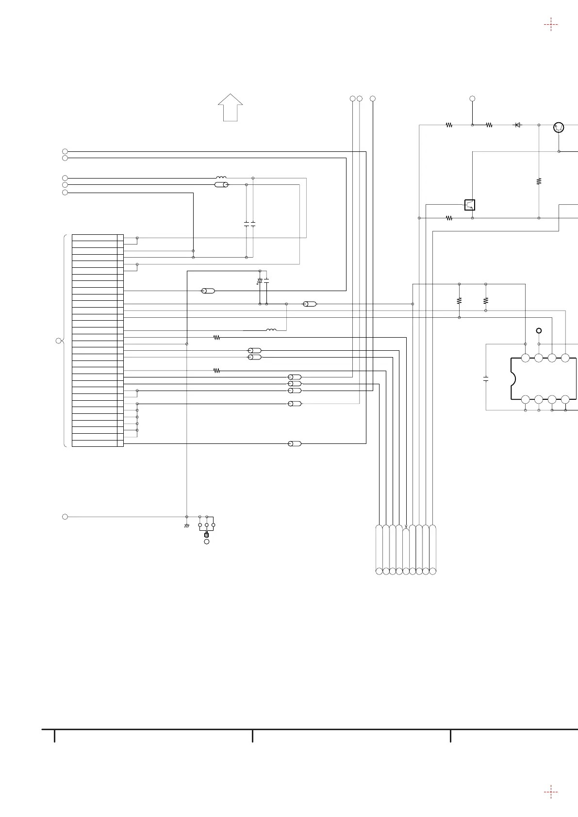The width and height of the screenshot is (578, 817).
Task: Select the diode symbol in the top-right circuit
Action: tap(517, 125)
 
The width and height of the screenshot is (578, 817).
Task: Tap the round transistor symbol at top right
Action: tap(559, 128)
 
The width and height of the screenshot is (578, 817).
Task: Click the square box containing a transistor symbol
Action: tap(469, 205)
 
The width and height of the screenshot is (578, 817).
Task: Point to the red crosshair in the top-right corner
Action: tap(551, 24)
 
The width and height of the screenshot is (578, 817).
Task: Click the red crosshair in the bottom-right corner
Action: tap(551, 792)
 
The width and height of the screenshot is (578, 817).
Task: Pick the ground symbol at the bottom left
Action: tap(187, 526)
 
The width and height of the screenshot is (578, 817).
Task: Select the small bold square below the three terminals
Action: tap(207, 535)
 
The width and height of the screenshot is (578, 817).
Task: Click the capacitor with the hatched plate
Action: tap(260, 281)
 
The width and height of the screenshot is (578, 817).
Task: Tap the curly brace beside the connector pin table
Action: tap(65, 341)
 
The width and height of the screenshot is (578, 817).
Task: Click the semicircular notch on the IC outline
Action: tap(513, 378)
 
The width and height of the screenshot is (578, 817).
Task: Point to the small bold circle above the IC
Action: tap(538, 331)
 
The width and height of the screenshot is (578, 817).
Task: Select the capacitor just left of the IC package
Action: tap(486, 378)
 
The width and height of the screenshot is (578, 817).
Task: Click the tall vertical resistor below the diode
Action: tap(539, 181)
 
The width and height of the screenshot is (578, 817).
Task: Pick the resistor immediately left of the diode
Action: tap(489, 125)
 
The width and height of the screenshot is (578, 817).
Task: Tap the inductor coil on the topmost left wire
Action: tap(221, 178)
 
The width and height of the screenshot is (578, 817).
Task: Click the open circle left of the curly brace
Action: tap(58, 341)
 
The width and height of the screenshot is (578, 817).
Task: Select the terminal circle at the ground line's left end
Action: tap(65, 517)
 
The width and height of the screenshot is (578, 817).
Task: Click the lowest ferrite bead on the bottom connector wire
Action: tap(295, 443)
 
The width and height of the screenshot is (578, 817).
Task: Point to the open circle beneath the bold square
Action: tap(207, 541)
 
